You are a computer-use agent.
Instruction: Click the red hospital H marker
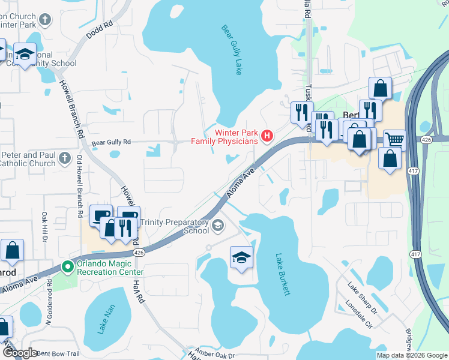[x=267, y=137]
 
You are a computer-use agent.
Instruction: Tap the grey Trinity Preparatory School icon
[x=218, y=226]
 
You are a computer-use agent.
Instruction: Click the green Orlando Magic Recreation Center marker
[x=68, y=267]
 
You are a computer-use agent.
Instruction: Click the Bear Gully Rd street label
[x=111, y=143]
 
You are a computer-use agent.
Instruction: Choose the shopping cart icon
[x=394, y=140]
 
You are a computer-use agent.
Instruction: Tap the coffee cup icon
[x=100, y=215]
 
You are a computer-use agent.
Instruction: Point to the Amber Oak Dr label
[x=213, y=354]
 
